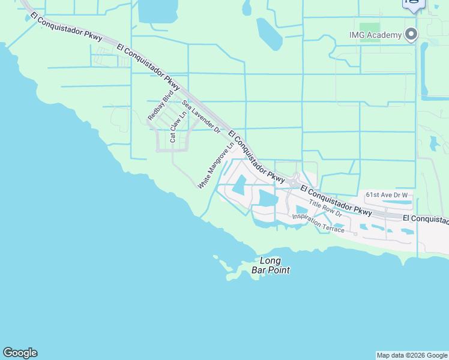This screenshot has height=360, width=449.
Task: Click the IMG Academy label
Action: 376,35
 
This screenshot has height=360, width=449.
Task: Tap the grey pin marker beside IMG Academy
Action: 411,34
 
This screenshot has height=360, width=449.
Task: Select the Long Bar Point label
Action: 275,265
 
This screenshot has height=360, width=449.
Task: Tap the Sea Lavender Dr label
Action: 202,117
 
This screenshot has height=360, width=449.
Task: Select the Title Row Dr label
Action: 325,208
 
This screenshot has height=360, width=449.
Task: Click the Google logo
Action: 20,353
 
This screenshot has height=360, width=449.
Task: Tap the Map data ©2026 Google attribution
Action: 412,355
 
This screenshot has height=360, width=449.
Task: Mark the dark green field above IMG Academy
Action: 370,28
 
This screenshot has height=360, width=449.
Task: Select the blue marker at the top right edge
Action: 413,4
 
